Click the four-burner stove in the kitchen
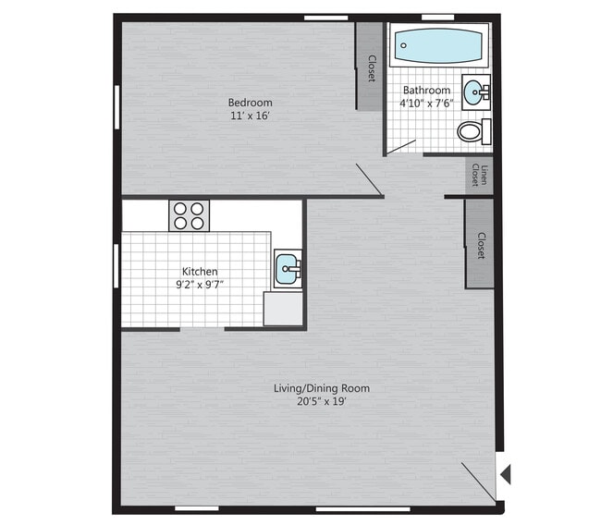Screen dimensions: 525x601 click(189, 215)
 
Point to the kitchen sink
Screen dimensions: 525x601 click(288, 269)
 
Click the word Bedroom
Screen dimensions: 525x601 click(250, 102)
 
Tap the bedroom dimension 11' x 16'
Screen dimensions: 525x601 click(250, 116)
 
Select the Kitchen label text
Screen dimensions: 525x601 click(200, 271)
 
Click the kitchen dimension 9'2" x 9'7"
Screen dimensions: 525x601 click(200, 285)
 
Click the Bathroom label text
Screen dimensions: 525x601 click(426, 91)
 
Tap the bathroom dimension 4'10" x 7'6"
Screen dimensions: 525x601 click(426, 104)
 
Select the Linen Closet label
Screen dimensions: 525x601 click(479, 175)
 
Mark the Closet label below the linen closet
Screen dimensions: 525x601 click(481, 245)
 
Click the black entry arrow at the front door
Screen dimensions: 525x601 click(504, 474)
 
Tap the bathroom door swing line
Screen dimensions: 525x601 click(402, 147)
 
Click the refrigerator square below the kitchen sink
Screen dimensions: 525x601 click(283, 308)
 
